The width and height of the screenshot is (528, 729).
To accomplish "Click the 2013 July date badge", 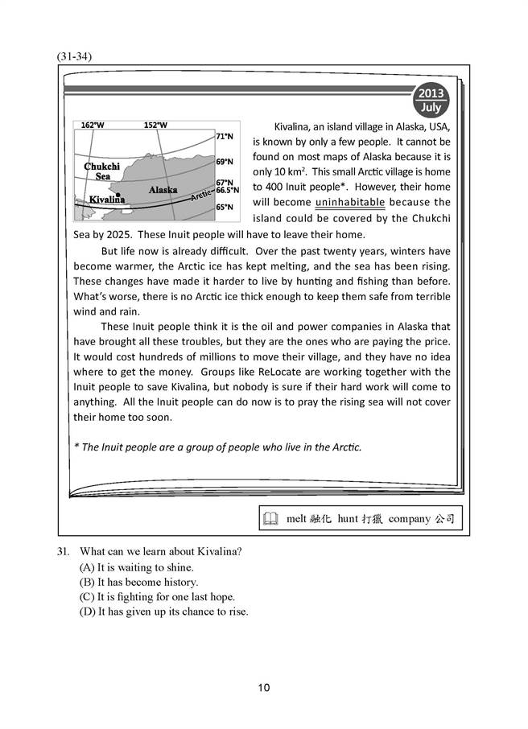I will click(x=431, y=99).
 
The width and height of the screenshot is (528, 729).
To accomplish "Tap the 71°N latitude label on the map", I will click(x=225, y=138).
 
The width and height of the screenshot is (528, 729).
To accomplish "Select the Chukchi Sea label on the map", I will click(x=102, y=171).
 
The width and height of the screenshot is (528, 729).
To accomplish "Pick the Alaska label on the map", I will click(x=163, y=189).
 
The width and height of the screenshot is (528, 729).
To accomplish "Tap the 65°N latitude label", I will click(x=225, y=208).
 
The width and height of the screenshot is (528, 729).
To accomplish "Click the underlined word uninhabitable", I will click(x=350, y=202).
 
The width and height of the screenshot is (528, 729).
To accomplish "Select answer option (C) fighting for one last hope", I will click(x=152, y=596).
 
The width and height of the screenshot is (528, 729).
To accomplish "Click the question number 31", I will click(x=63, y=551).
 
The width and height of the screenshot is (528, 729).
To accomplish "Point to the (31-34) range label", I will click(x=75, y=56).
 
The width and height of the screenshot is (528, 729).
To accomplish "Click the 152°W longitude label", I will click(x=155, y=125).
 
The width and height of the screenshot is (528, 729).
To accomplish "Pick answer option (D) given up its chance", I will click(x=162, y=612).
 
